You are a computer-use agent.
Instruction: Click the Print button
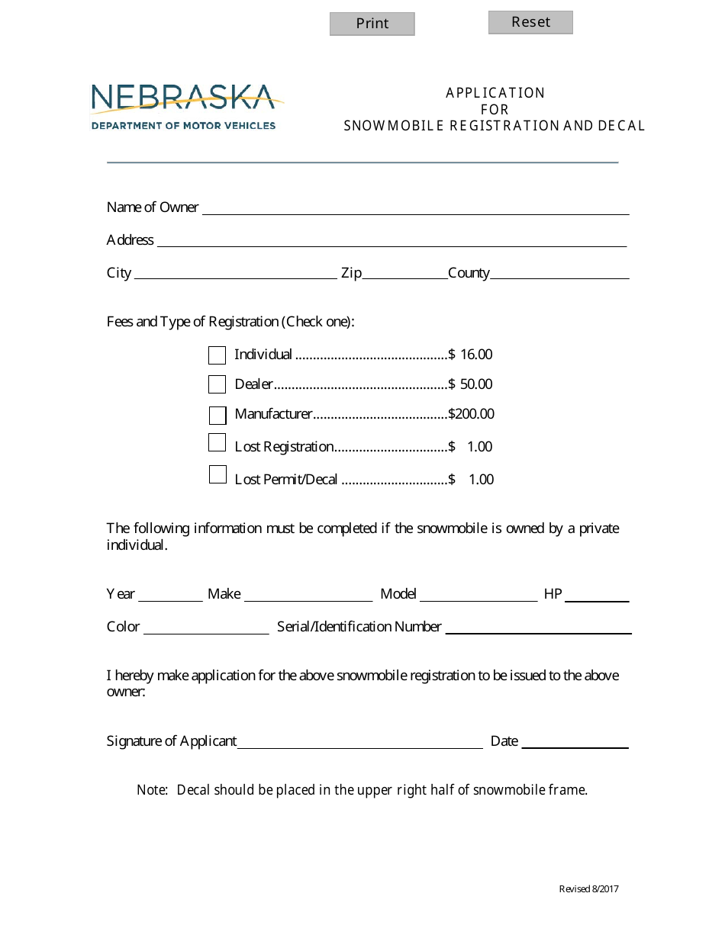pos(372,24)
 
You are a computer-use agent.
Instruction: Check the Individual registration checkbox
pos(217,355)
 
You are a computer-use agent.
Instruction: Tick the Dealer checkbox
pos(217,384)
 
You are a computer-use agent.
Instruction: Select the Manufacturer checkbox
pos(217,416)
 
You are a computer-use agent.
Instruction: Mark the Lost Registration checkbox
pos(217,443)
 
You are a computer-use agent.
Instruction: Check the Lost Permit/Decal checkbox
pos(217,475)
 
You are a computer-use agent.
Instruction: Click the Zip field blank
pos(404,274)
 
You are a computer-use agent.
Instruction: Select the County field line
pos(559,274)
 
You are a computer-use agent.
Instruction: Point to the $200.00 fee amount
pos(471,415)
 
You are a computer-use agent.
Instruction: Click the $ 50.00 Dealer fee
pos(471,384)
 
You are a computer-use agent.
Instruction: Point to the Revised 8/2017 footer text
pos(588,889)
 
